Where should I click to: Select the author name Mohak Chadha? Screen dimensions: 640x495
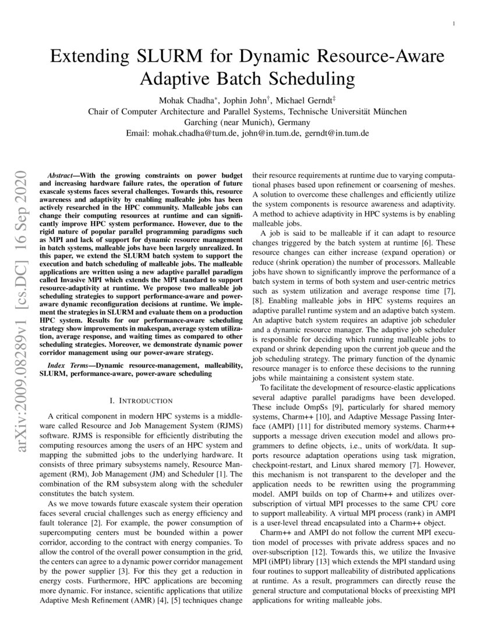(186, 99)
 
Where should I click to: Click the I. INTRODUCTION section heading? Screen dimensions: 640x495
(141, 401)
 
